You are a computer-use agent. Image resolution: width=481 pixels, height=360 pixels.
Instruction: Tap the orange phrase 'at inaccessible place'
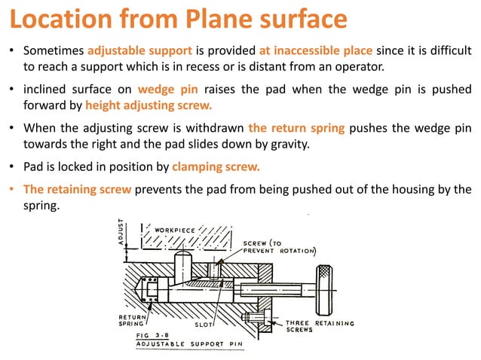pos(315,52)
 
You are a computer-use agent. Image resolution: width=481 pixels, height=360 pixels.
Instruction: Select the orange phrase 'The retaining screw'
pos(78,189)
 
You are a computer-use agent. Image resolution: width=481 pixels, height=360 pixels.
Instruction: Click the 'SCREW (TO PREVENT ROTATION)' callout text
pos(278,247)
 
